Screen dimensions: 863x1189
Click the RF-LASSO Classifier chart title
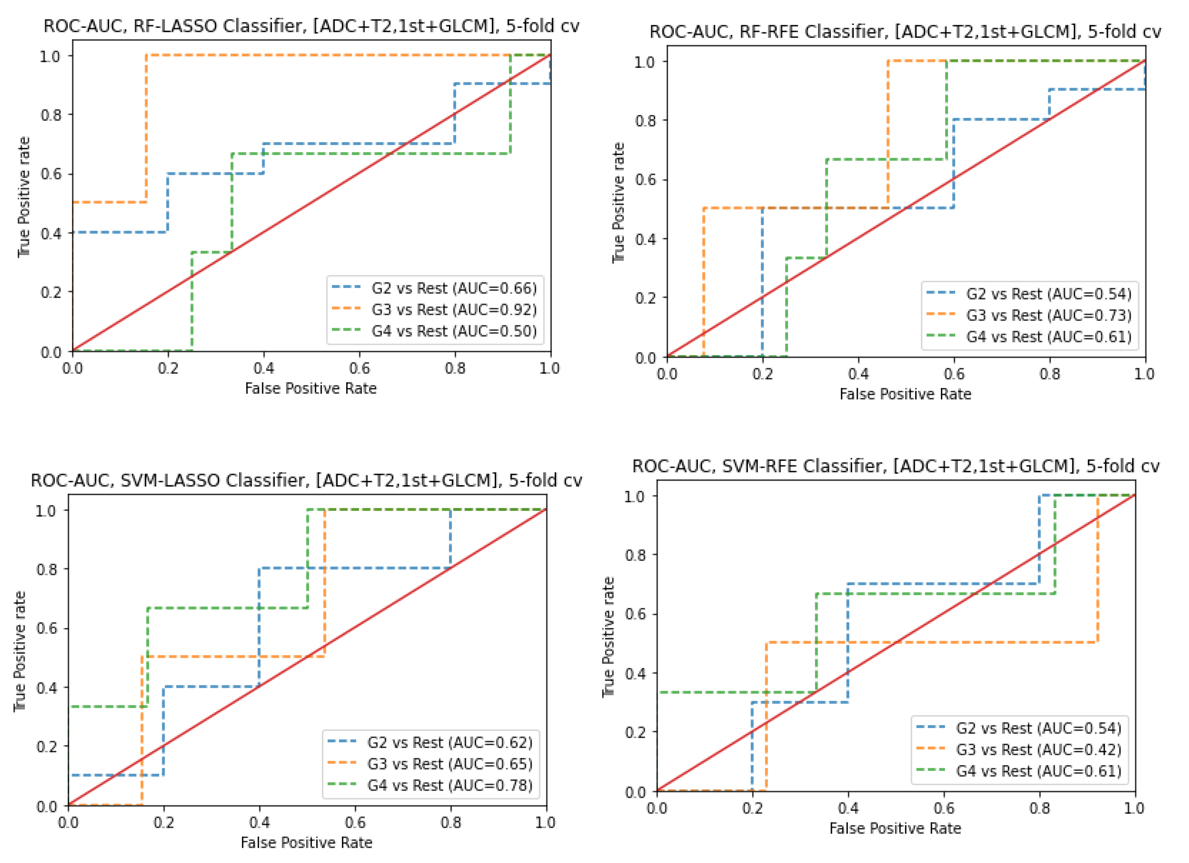(x=311, y=26)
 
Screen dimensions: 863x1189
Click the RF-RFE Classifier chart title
(x=905, y=32)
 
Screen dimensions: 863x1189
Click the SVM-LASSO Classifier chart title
(x=306, y=480)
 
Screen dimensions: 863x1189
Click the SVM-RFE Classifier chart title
(x=895, y=466)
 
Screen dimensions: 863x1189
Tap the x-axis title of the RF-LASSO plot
(x=311, y=388)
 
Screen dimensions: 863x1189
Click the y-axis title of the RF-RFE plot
(x=619, y=202)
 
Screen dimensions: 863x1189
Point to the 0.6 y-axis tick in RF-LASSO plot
(x=50, y=174)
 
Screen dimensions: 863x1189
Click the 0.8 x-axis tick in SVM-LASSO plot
(x=450, y=823)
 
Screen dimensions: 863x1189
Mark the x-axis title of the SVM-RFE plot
(x=895, y=828)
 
